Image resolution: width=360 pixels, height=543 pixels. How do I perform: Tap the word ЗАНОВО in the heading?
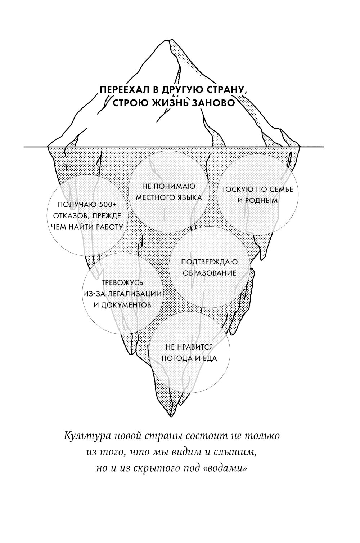(213, 103)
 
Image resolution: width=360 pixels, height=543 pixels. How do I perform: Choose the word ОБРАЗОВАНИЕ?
(209, 273)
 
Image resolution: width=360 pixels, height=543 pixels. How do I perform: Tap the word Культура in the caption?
(85, 436)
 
